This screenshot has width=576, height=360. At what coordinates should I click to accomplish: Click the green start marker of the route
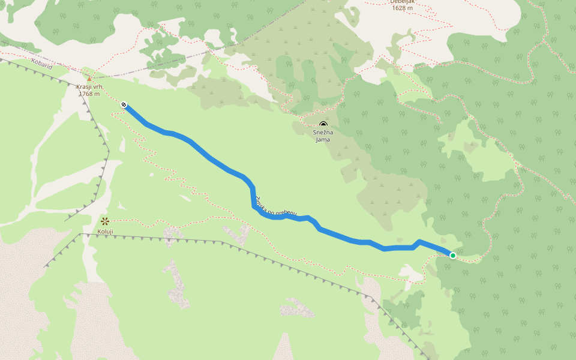453,256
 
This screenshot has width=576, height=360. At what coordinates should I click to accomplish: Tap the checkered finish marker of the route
124,105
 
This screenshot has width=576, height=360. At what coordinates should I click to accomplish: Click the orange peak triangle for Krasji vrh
89,79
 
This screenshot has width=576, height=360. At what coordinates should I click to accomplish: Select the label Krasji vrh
89,87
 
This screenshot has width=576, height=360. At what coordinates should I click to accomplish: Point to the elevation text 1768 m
89,94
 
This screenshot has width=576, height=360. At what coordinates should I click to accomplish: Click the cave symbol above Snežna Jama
323,125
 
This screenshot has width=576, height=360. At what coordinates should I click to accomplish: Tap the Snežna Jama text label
323,136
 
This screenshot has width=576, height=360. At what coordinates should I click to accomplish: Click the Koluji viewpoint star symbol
105,221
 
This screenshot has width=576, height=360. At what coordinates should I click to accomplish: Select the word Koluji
105,231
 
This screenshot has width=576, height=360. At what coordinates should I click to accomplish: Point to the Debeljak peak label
403,2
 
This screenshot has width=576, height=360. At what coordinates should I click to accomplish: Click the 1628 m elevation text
402,8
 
